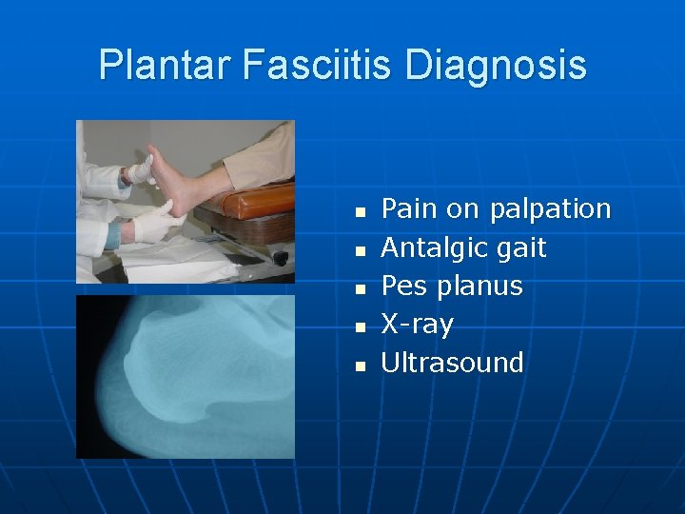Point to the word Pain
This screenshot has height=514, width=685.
click(407, 208)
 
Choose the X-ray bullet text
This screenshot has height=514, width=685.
click(417, 324)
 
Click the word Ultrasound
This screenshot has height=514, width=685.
click(452, 362)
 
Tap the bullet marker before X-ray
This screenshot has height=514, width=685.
click(359, 326)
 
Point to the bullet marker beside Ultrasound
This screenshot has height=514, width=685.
click(359, 365)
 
